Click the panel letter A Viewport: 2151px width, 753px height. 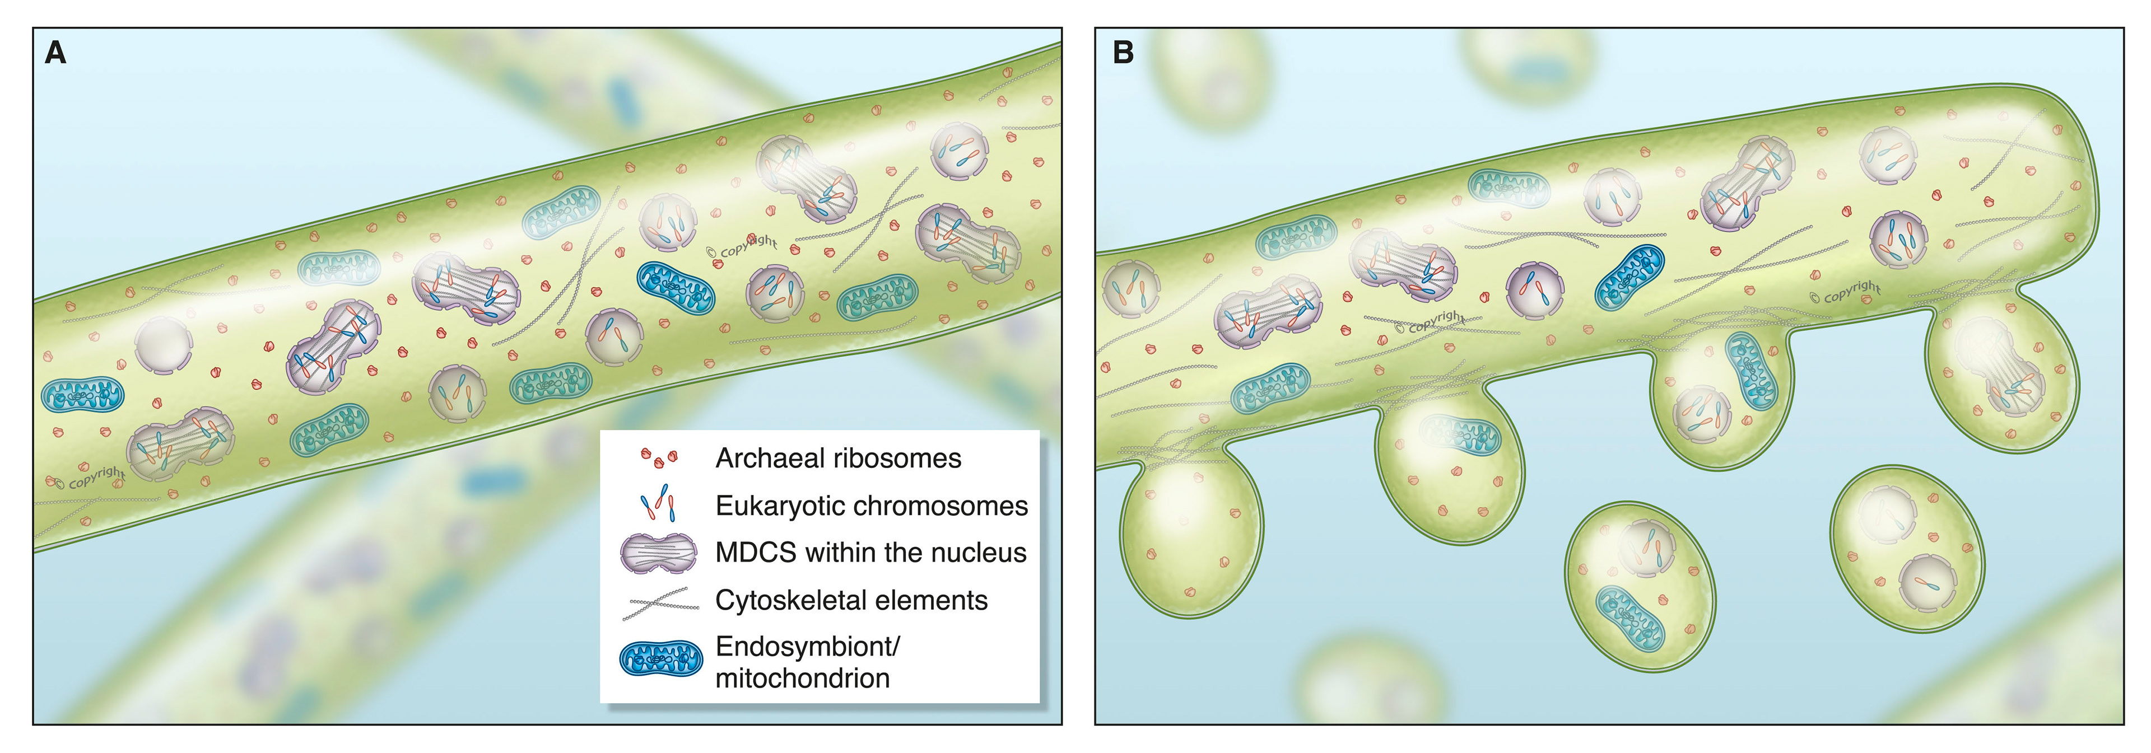point(55,53)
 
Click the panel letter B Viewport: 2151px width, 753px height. point(1123,53)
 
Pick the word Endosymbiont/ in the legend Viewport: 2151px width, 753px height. point(807,646)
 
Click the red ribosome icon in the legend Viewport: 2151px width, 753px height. point(659,457)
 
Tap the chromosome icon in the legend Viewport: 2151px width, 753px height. point(658,503)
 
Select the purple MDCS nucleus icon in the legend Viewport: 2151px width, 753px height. point(659,553)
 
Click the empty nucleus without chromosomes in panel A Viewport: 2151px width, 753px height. point(163,344)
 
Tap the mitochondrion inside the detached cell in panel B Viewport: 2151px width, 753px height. point(1630,619)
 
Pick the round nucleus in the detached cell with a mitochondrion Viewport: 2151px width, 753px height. point(1647,548)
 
